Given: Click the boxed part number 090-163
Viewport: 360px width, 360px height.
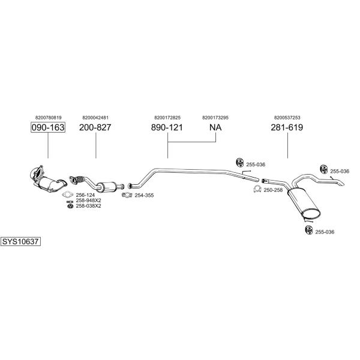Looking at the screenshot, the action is [48, 127].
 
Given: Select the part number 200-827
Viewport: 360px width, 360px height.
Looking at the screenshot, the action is [95, 127].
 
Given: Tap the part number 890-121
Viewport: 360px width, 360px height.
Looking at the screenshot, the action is [167, 127].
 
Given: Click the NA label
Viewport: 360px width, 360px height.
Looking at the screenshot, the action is [215, 127].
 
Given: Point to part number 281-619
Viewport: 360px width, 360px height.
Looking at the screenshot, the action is [287, 127].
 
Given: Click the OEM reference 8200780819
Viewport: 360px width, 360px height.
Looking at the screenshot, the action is [49, 118].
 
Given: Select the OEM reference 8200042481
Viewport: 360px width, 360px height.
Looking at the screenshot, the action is [95, 118].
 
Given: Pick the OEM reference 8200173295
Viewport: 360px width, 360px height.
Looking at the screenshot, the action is [215, 118].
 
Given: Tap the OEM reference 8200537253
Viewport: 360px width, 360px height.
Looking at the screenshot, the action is [287, 118].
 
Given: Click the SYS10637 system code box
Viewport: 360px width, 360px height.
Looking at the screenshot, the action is [20, 242].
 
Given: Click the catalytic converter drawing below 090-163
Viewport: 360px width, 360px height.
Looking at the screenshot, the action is [48, 179].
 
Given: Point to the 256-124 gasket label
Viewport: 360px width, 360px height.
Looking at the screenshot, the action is [85, 195].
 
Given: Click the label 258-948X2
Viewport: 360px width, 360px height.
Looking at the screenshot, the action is [88, 200].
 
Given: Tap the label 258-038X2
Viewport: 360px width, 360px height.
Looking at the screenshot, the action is [88, 206].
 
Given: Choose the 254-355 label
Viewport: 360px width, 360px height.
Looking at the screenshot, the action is [144, 196].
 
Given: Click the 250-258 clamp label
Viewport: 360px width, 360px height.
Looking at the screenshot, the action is [273, 190].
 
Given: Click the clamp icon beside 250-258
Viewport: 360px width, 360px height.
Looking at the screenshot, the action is [257, 189].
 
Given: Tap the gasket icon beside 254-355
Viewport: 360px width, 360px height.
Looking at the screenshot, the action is [127, 195].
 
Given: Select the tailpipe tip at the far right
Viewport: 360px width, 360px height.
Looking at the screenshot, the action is [341, 183].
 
